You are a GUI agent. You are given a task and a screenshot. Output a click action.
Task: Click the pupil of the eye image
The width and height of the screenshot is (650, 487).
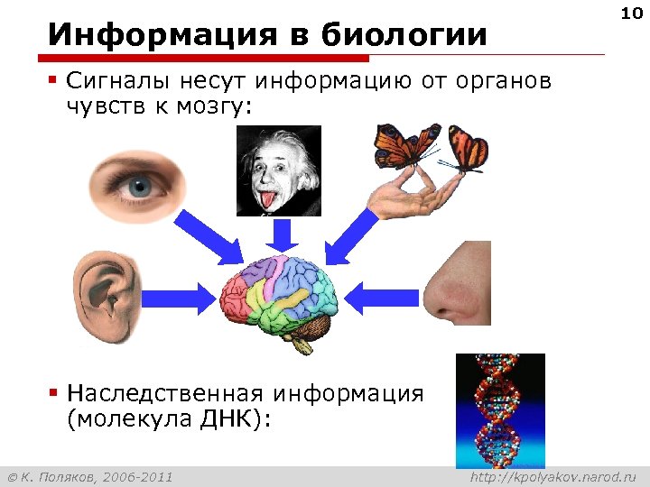pos(140,188)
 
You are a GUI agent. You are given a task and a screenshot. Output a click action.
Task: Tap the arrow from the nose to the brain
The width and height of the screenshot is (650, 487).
pos(379,296)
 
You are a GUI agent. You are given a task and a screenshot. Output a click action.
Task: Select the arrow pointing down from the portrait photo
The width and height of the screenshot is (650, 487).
pos(282,234)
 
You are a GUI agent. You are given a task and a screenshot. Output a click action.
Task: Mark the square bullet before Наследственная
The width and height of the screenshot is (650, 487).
pos(54,393)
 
